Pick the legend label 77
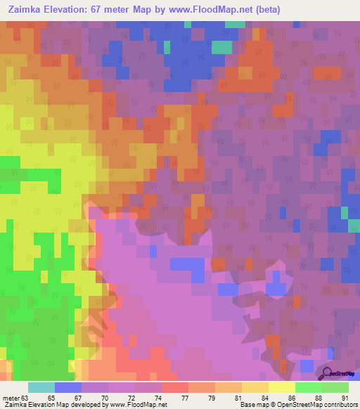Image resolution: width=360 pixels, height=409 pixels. tap(167, 397)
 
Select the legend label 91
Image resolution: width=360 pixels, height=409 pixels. tap(343, 397)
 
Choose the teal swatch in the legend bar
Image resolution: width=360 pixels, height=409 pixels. tap(41, 387)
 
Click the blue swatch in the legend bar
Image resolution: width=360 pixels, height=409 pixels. tap(68, 387)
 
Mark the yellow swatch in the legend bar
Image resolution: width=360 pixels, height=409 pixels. tap(281, 387)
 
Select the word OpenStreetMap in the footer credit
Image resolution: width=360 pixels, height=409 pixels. tap(292, 405)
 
